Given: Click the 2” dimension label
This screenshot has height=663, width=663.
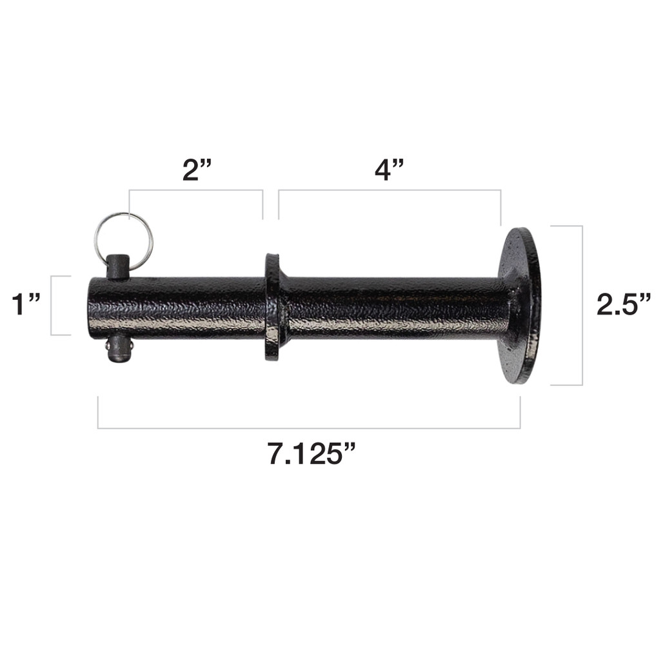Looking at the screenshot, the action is point(197,170).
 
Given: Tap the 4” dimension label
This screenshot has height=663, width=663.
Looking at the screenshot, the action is point(390,170).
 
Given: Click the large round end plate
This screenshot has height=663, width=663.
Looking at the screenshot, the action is point(520,305).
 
